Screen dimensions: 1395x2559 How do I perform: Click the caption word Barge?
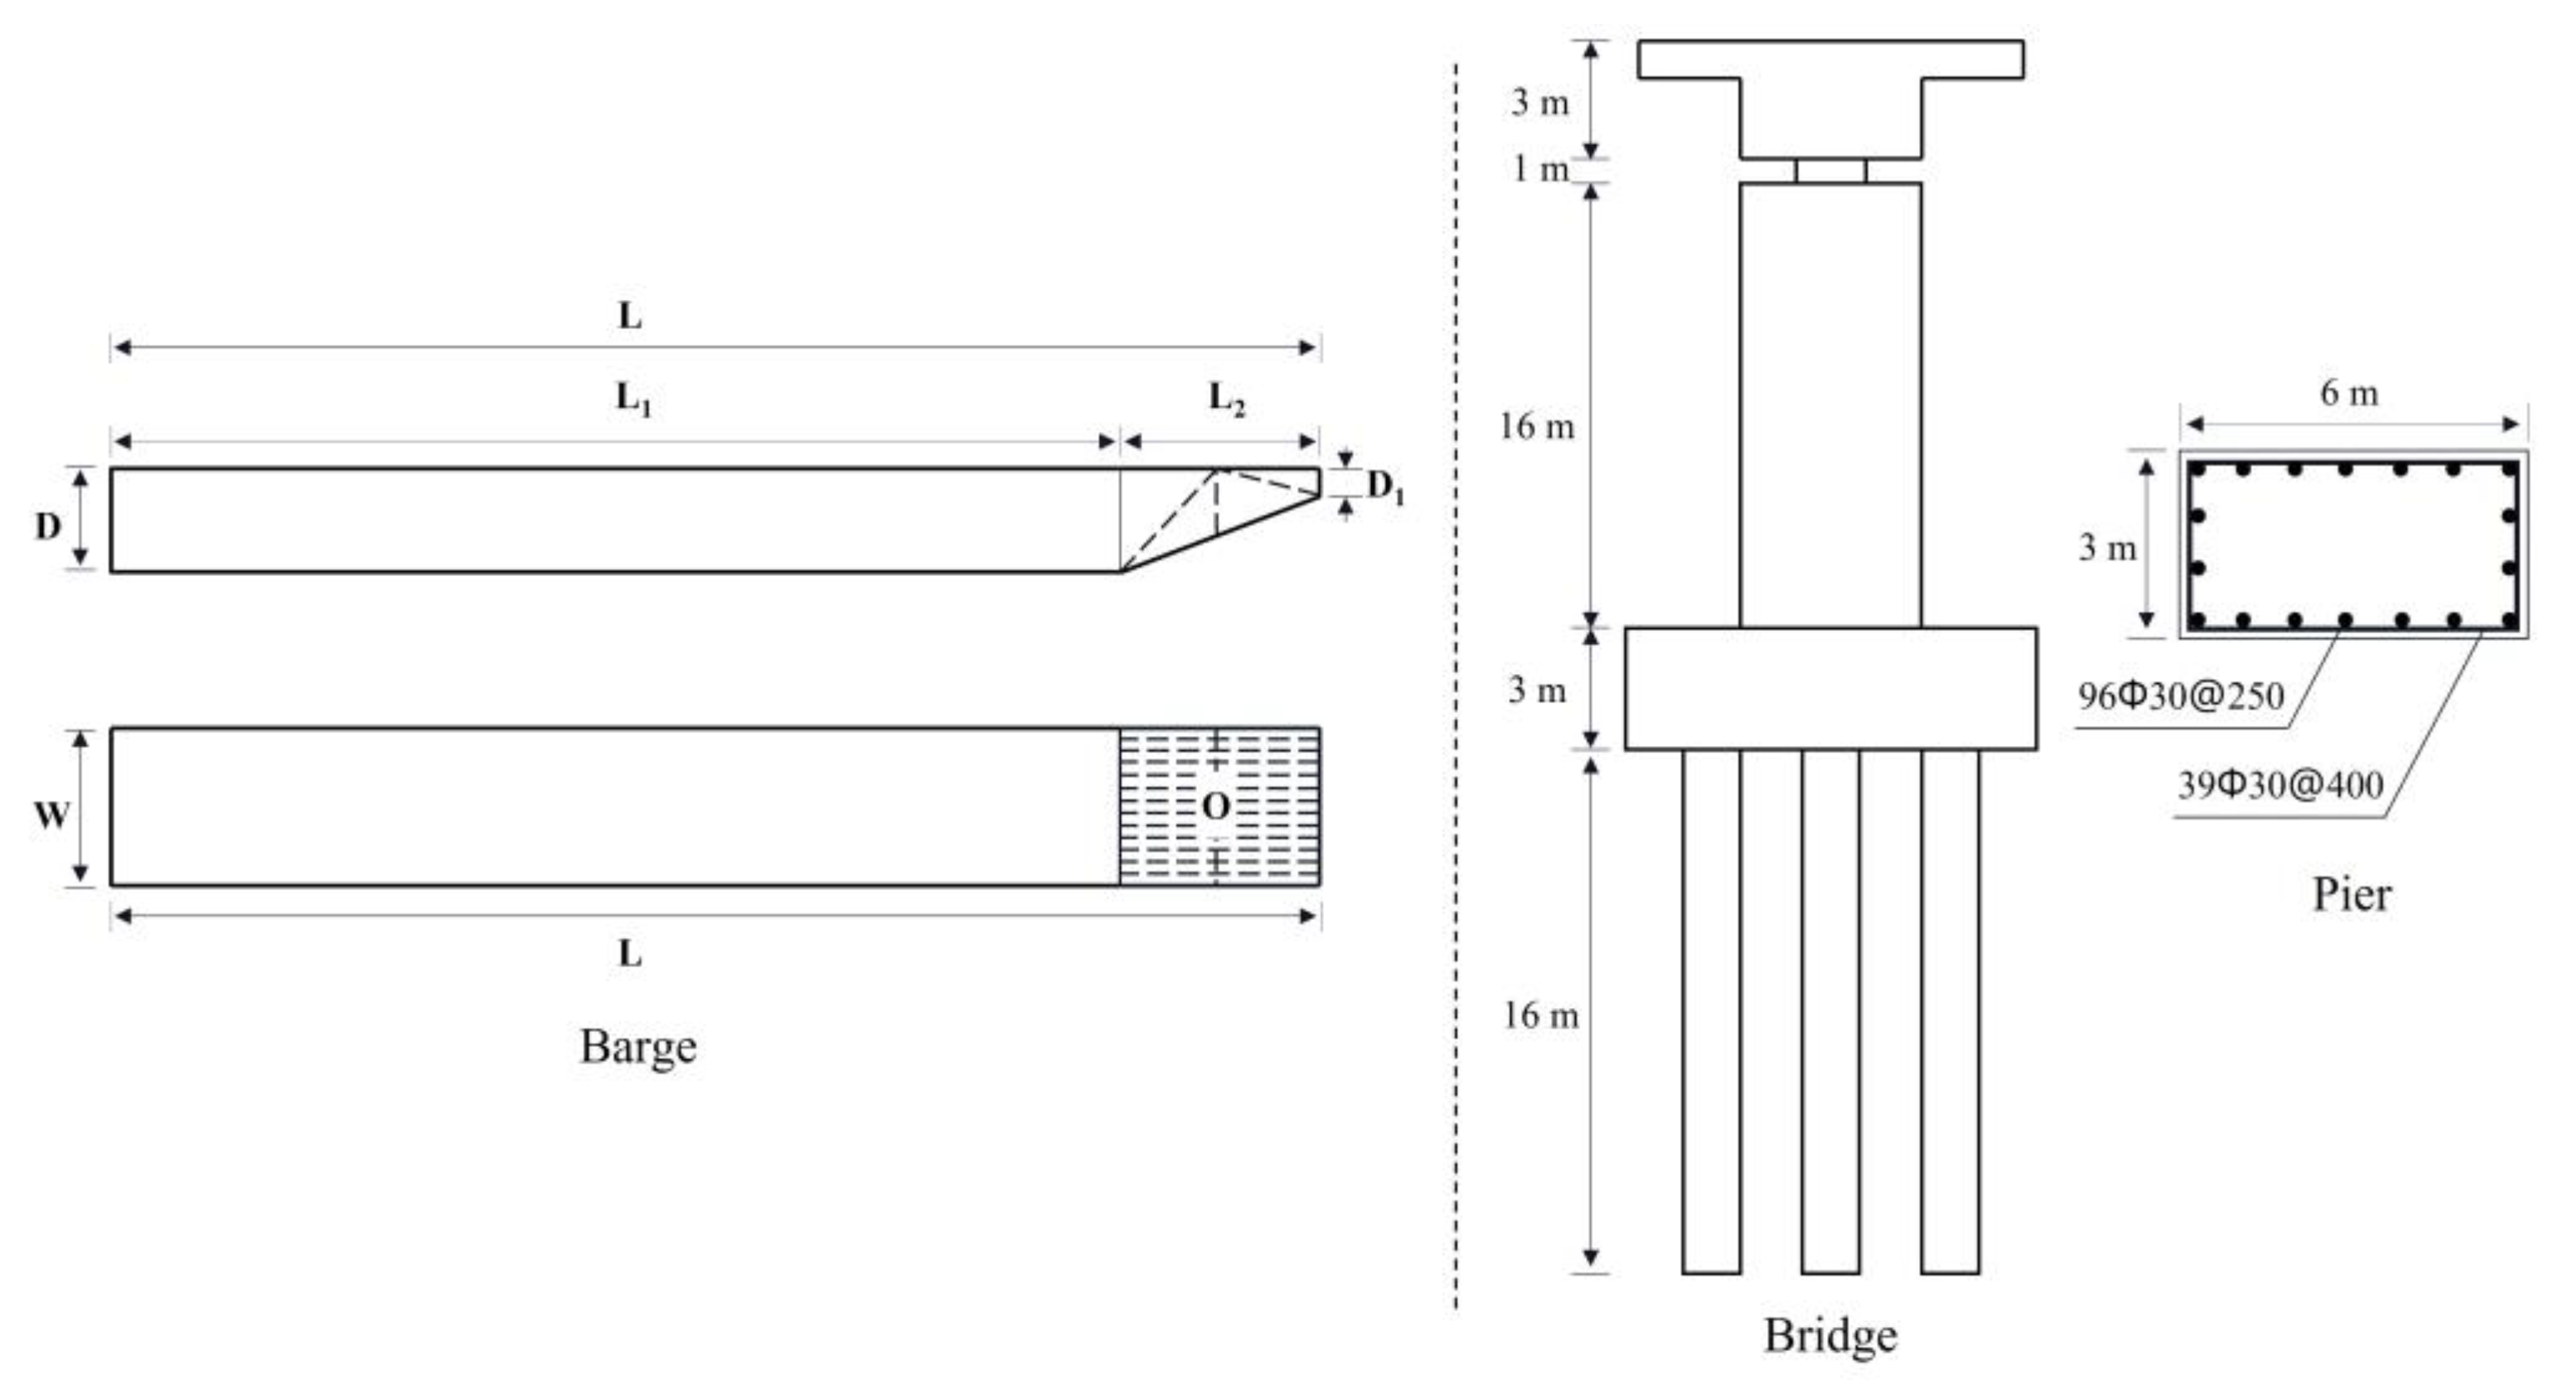pos(637,1046)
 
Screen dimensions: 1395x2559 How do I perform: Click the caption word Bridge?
pos(1830,1334)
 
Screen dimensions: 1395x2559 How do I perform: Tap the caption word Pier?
pos(2352,894)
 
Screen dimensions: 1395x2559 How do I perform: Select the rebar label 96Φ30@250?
pos(2180,695)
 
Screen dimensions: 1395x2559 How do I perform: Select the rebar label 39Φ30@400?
pos(2280,785)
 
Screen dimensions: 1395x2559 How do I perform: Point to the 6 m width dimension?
pos(2348,394)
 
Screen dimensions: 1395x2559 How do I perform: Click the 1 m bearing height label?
pos(1539,169)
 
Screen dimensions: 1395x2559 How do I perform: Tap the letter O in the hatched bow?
pos(1216,806)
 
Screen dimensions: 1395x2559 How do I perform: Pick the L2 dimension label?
pos(1226,400)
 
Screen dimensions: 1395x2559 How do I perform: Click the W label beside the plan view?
pos(51,815)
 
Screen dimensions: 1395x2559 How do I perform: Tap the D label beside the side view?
pos(48,526)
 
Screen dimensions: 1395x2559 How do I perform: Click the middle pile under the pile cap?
pos(1830,1009)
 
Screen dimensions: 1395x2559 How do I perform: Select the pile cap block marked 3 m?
pos(1830,688)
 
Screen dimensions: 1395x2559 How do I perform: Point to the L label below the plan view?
pos(630,954)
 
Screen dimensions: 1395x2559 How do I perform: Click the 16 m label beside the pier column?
pos(1537,427)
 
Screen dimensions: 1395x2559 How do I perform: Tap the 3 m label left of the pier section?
pos(2106,547)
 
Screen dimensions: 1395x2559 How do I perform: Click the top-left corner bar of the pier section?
pos(2198,469)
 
